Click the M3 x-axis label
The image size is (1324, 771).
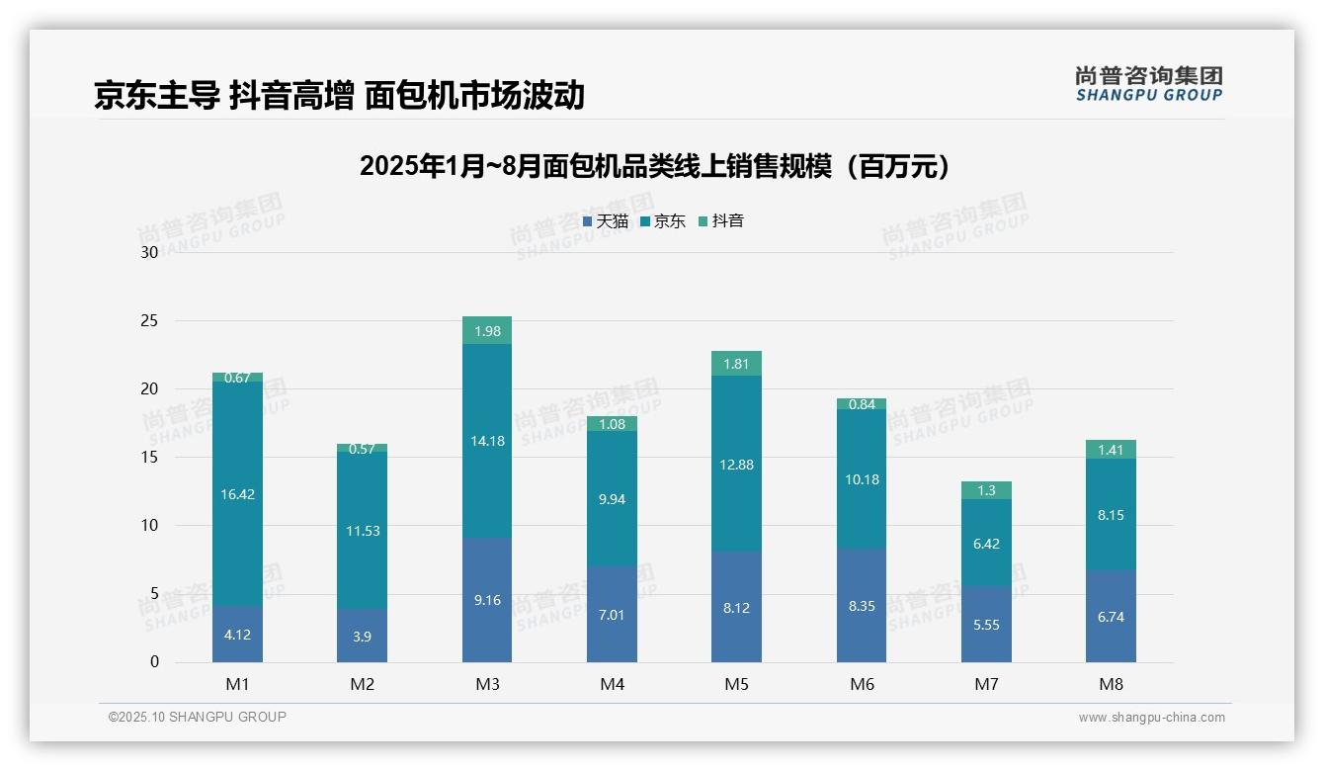[487, 684]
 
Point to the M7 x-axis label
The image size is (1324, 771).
[986, 684]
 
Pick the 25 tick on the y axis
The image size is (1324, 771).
[150, 321]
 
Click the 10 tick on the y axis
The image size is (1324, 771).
[150, 526]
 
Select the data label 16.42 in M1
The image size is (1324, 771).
[237, 494]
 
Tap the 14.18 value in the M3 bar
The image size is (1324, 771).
[487, 441]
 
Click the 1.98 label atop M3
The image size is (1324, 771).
[487, 331]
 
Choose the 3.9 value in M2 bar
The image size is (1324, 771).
[362, 637]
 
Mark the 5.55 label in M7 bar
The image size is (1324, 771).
[986, 626]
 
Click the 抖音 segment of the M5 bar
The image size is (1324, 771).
[736, 364]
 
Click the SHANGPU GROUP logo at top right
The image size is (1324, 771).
[1148, 84]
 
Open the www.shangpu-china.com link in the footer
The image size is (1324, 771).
[1151, 718]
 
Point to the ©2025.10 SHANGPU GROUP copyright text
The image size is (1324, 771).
[198, 717]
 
